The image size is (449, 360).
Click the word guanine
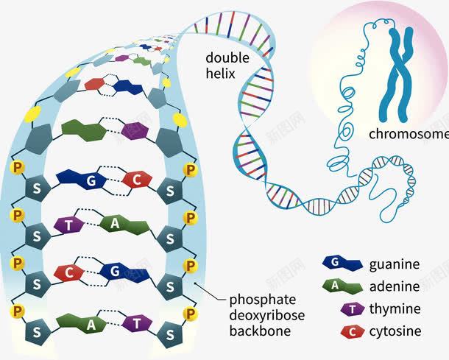395,264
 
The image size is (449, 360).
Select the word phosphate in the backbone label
262,300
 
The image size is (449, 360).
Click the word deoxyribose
266,315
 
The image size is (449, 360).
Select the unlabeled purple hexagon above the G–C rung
134,132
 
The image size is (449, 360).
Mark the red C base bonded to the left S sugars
69,273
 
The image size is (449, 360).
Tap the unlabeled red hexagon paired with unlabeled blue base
94,84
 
